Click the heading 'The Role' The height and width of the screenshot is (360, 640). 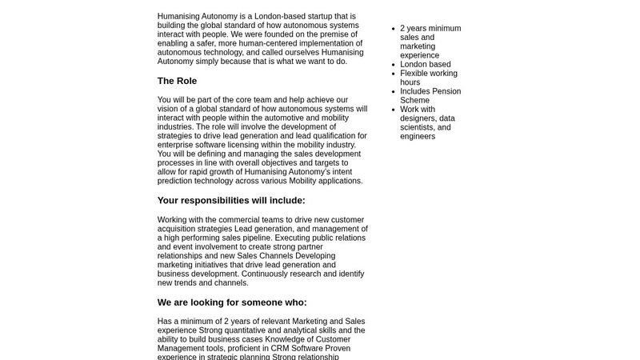(x=177, y=81)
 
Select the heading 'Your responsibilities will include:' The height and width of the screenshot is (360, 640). (x=231, y=201)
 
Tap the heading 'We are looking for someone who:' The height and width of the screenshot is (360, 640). (x=232, y=302)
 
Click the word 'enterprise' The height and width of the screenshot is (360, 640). (x=179, y=145)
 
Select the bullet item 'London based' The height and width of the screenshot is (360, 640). (x=425, y=65)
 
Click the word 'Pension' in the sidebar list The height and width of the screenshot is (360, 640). (x=446, y=91)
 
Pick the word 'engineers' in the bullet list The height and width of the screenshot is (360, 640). (x=418, y=137)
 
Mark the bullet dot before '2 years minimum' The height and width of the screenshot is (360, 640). (x=392, y=29)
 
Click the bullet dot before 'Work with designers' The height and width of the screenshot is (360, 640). (x=392, y=110)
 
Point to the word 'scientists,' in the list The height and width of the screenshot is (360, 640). (x=419, y=127)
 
